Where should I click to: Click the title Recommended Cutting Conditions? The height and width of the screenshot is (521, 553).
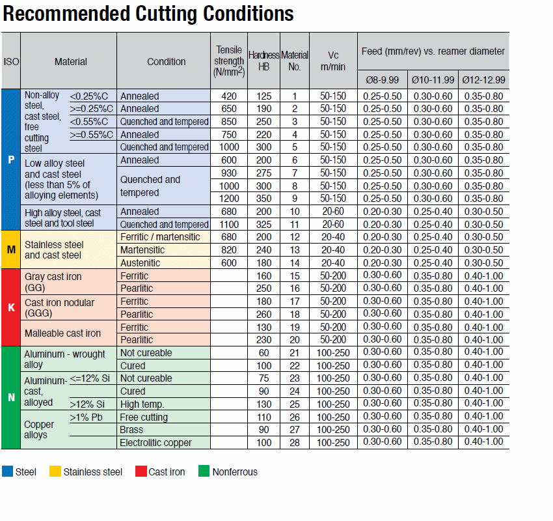click(148, 14)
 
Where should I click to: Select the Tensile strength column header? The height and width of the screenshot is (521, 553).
click(229, 61)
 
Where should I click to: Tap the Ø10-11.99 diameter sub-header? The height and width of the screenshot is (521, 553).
click(433, 80)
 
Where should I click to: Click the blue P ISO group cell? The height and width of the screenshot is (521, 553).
click(11, 160)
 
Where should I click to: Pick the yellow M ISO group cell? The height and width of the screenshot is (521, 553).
click(11, 250)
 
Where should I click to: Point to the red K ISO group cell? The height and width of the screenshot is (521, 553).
click(11, 307)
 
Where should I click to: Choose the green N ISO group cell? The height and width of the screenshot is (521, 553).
click(11, 397)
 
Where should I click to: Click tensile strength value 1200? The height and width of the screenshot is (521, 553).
click(229, 199)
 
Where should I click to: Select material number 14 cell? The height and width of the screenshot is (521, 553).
click(295, 263)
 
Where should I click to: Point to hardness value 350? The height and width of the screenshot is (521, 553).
click(263, 199)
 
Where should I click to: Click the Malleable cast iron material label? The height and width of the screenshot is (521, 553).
click(62, 333)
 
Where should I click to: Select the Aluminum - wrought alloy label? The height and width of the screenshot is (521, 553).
click(64, 359)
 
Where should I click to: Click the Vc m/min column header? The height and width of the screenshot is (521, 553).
click(333, 61)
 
